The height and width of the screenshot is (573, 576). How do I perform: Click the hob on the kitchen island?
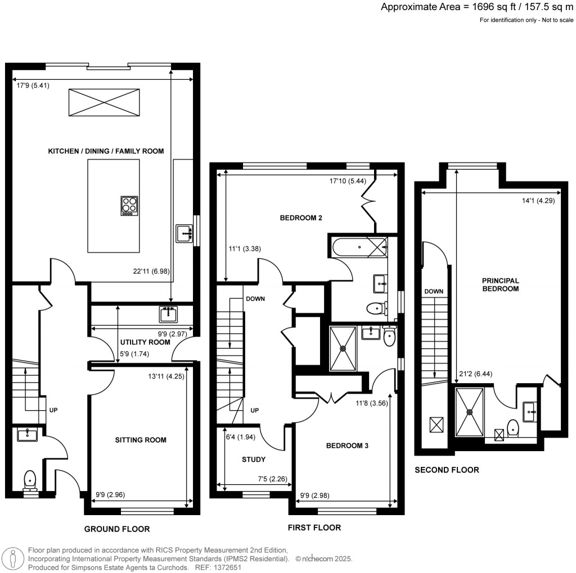pos(129,206)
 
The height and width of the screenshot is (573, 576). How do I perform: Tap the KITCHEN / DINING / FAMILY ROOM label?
pos(106,151)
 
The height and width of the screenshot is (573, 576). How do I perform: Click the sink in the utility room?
pos(168,314)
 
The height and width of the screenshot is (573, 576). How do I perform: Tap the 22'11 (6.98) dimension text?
pos(148,271)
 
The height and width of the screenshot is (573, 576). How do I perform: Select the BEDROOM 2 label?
pos(301,218)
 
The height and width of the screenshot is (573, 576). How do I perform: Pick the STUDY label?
pos(254,460)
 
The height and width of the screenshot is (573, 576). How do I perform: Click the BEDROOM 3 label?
pos(347,446)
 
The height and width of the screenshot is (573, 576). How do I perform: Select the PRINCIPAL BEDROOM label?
pos(499,284)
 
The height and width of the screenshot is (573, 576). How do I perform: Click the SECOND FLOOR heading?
pos(447,470)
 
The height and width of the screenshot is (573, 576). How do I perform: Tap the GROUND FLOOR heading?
pos(117,529)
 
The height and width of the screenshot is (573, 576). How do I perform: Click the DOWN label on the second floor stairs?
pos(434,292)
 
